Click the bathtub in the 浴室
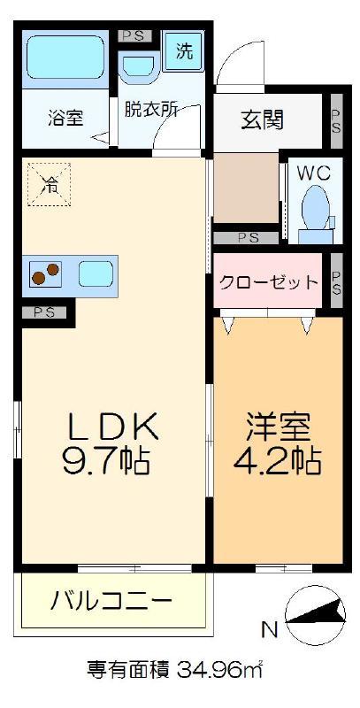point(65,58)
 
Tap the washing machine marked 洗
point(184,52)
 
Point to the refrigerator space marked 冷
point(50,184)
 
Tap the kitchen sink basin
point(96,273)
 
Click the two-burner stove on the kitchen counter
point(46,273)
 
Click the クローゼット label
point(268,282)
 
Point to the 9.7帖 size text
point(106,460)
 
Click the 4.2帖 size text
point(277,459)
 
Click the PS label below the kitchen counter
point(44,312)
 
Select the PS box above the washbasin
point(134,36)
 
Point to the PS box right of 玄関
point(336,120)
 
